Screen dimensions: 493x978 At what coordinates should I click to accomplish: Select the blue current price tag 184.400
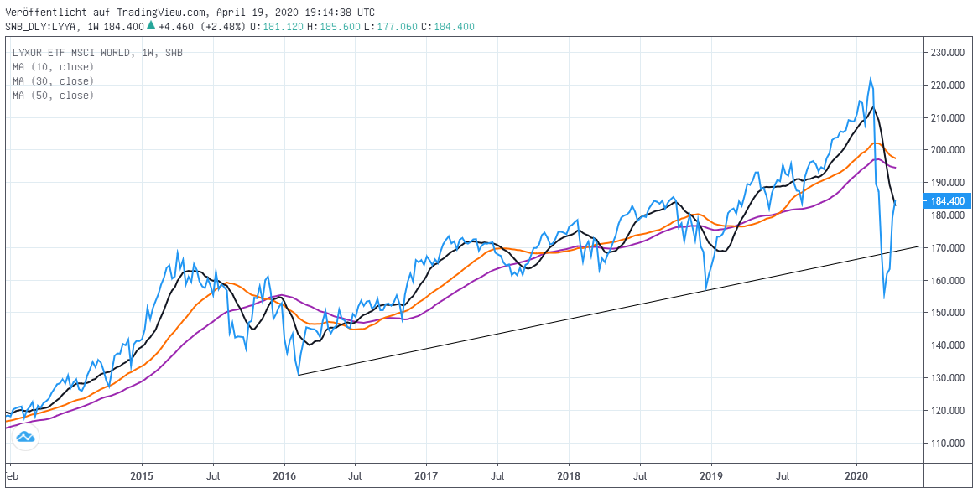point(947,201)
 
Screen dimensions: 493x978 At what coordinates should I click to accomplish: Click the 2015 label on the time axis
point(141,475)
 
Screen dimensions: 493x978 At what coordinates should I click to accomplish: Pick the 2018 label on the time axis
point(569,475)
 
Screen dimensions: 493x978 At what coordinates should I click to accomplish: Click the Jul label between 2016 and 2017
point(355,475)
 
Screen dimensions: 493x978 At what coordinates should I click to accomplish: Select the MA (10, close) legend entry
point(53,67)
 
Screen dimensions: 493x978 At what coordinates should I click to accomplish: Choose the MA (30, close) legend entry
point(53,81)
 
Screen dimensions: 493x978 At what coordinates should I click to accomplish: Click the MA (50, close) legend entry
point(53,96)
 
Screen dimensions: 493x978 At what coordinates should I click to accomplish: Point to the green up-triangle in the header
point(150,26)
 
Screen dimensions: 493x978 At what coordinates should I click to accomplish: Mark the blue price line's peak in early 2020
point(870,80)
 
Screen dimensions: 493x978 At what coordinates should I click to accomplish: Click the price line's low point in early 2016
point(298,374)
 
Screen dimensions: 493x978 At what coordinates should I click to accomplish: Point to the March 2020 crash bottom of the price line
point(884,297)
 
